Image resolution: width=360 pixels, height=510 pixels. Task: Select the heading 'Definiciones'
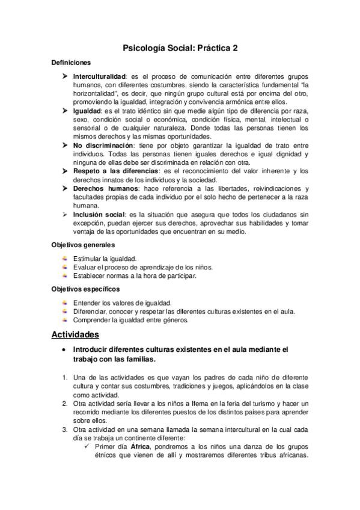coord(72,62)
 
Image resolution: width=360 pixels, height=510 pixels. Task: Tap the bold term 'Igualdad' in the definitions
coord(87,112)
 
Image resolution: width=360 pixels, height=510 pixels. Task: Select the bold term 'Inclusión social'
coord(99,214)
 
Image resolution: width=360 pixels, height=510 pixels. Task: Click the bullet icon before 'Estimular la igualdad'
coord(65,259)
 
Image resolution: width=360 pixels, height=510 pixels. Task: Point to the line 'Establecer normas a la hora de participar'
coord(135,275)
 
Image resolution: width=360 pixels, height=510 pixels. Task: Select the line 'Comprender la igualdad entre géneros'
coord(130,320)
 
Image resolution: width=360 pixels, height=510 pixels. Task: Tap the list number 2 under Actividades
coord(65,402)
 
